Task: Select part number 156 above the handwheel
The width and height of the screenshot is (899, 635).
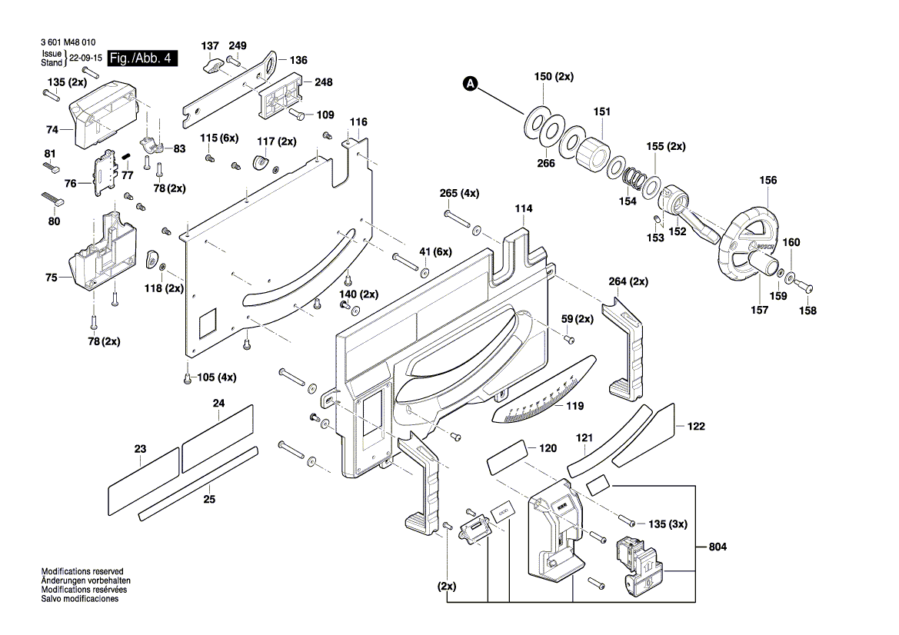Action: point(767,181)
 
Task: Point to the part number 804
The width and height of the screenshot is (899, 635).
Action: point(718,547)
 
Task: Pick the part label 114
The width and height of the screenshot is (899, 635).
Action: point(524,208)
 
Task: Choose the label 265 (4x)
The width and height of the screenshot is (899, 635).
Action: point(459,193)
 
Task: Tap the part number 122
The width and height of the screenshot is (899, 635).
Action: point(696,426)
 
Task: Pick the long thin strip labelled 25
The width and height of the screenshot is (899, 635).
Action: point(198,482)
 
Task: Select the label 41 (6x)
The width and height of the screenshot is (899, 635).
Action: point(435,252)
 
